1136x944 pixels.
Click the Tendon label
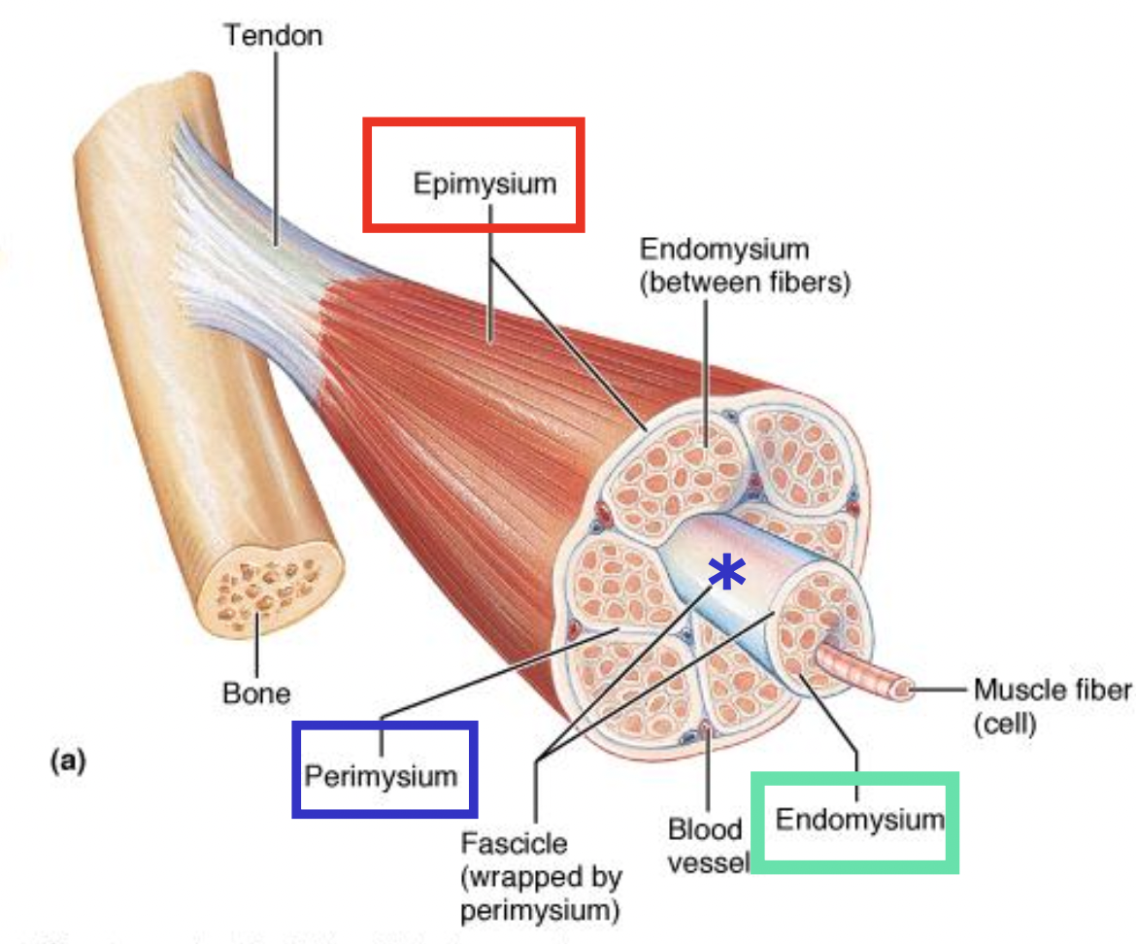273,36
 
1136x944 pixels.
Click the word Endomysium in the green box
859,819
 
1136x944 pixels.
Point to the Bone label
256,693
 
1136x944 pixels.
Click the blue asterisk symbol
725,574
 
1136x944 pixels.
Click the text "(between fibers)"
744,283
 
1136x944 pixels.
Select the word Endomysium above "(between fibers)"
723,249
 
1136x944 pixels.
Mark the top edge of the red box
473,121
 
